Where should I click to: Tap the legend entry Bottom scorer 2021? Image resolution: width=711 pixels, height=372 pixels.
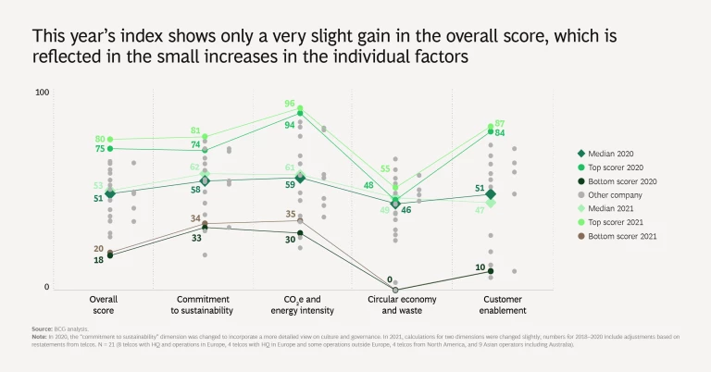(615, 237)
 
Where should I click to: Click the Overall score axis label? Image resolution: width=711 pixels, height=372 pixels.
(103, 304)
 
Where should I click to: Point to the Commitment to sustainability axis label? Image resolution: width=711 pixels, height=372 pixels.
(204, 304)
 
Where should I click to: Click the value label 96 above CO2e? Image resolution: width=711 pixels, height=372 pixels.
(290, 105)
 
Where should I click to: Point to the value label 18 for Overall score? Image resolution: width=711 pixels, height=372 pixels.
(98, 260)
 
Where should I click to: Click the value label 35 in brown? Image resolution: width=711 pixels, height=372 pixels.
(291, 215)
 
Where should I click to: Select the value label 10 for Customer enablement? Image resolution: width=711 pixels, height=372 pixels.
(480, 268)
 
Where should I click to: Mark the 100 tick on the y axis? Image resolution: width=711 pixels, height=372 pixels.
(43, 93)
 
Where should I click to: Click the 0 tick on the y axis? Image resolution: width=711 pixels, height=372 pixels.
(47, 288)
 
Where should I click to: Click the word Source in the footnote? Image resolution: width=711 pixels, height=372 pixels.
(43, 329)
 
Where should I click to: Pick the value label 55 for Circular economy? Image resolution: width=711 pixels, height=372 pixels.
(385, 169)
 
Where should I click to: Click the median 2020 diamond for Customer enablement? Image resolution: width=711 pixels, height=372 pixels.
(491, 194)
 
